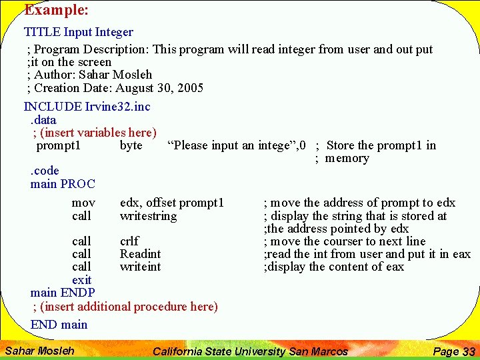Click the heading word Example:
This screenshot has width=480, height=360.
pos(57,10)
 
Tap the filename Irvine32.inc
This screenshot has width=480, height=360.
pos(118,107)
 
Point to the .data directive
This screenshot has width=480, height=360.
pos(43,120)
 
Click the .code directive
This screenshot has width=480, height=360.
pos(45,171)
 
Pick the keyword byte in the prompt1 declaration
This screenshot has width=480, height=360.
pos(131,145)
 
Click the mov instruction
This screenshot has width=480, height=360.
pos(83,203)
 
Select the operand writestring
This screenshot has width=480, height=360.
pos(148,216)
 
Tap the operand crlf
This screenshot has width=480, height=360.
pos(129,241)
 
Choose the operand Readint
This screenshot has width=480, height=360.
pos(140,254)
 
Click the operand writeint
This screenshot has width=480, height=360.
pos(140,267)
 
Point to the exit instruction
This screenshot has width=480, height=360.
pos(81,280)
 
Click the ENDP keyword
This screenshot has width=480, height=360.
pos(77,293)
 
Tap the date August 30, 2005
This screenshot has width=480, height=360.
pos(159,88)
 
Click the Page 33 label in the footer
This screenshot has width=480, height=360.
pos(453,351)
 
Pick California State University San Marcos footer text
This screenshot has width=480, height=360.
pos(250,351)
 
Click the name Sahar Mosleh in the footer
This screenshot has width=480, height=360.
pos(39,351)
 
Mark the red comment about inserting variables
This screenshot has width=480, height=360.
pos(95,133)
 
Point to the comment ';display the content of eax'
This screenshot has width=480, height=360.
pos(333,267)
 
